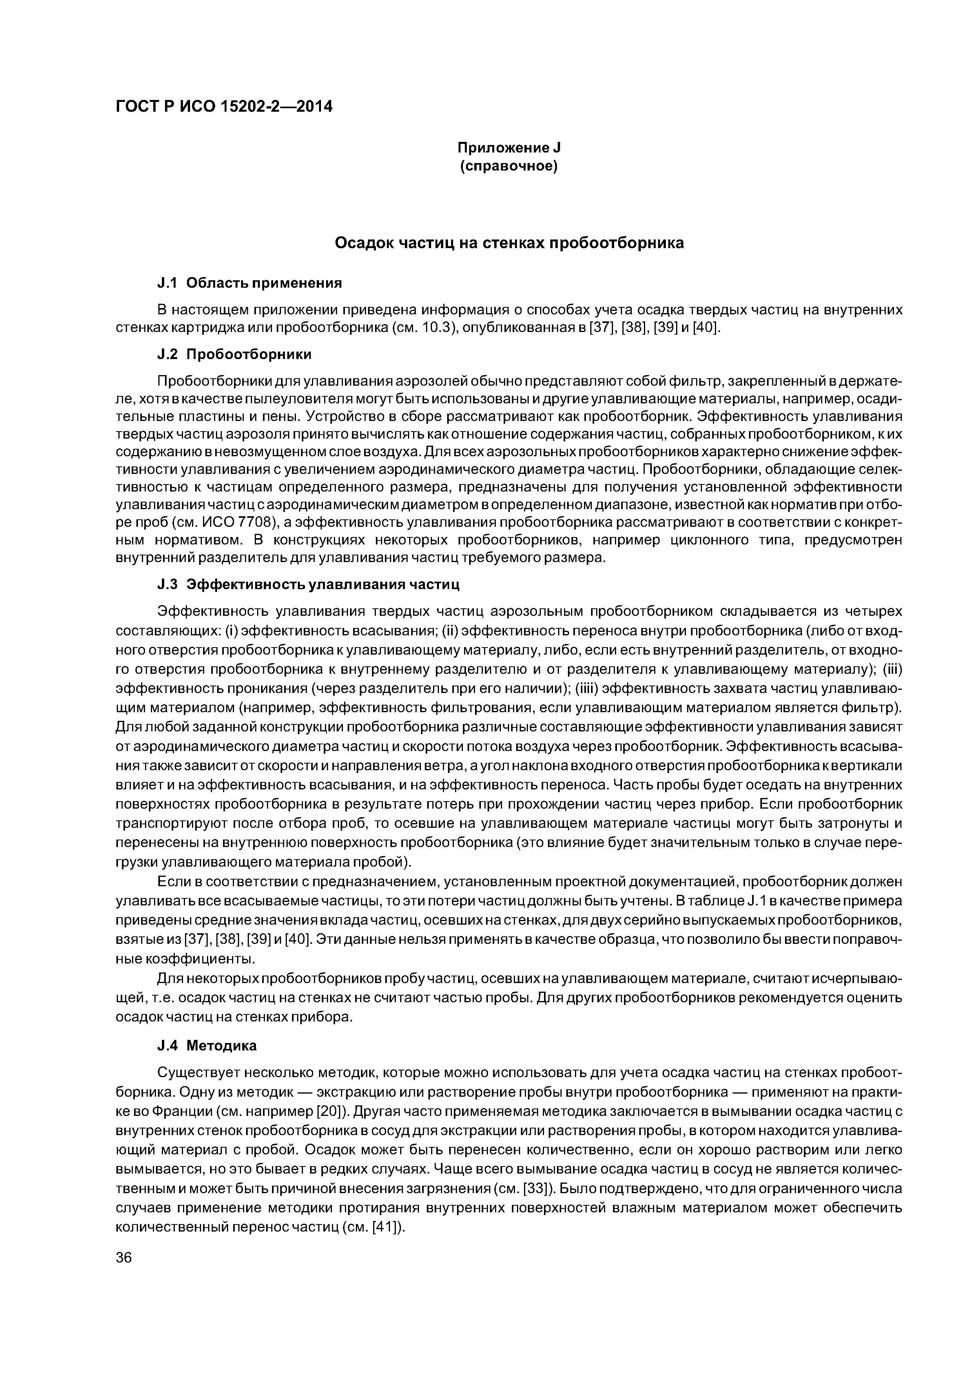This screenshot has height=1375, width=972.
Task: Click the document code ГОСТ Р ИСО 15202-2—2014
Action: (x=224, y=107)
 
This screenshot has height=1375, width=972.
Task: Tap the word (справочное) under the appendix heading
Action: (x=508, y=166)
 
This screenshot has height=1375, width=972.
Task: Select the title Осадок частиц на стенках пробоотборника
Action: (x=508, y=243)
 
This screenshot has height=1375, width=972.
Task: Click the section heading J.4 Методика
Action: (x=207, y=1046)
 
